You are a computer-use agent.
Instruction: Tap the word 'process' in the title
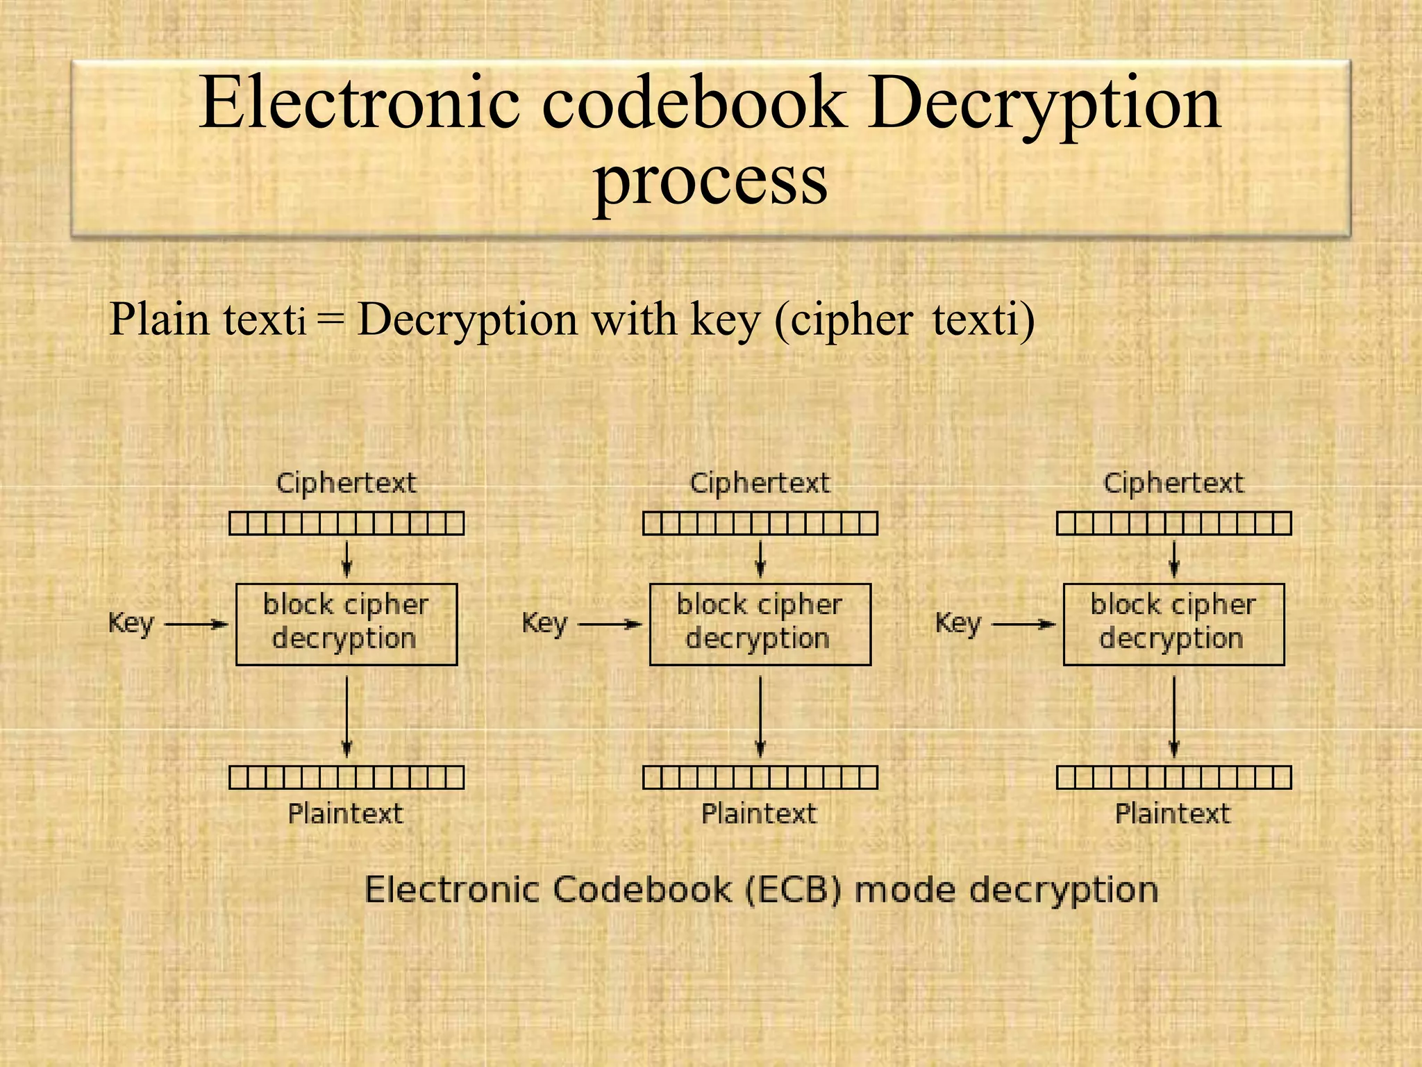coord(710,180)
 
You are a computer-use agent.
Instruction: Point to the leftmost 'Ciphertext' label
coord(346,483)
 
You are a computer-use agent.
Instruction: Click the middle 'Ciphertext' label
coord(760,483)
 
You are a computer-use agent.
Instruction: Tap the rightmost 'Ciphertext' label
coord(1173,483)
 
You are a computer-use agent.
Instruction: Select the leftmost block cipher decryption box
coord(346,624)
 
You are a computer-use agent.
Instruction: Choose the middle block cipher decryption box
coord(760,624)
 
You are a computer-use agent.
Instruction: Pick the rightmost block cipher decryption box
coord(1173,624)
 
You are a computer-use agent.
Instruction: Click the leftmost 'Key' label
coord(131,623)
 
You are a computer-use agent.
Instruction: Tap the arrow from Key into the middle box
coord(610,625)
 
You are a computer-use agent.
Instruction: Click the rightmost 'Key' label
coord(958,623)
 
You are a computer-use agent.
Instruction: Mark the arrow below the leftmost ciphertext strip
coord(347,559)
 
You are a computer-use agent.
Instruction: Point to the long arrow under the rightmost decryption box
coord(1174,716)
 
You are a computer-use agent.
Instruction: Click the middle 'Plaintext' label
coord(759,813)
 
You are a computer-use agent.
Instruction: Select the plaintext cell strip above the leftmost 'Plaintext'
coord(346,777)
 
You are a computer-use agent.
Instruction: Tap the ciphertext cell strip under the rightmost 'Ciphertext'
coord(1173,523)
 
